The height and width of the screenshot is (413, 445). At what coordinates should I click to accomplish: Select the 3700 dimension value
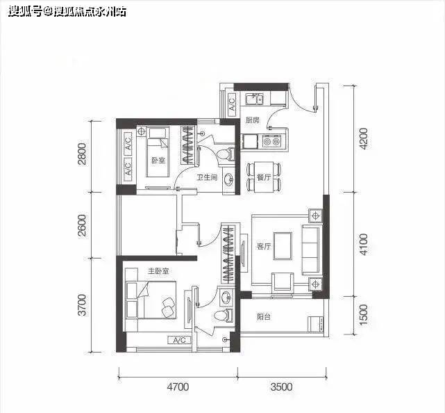(x=82, y=305)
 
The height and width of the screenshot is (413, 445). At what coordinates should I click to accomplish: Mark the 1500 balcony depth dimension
(x=364, y=318)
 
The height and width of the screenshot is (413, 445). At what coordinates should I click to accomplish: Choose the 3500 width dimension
(x=281, y=387)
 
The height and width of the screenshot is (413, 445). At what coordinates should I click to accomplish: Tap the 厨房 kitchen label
(x=252, y=120)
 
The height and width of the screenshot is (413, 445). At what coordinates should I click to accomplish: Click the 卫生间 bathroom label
(x=207, y=178)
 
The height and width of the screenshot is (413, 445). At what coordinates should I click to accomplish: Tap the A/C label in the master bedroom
(x=178, y=340)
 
